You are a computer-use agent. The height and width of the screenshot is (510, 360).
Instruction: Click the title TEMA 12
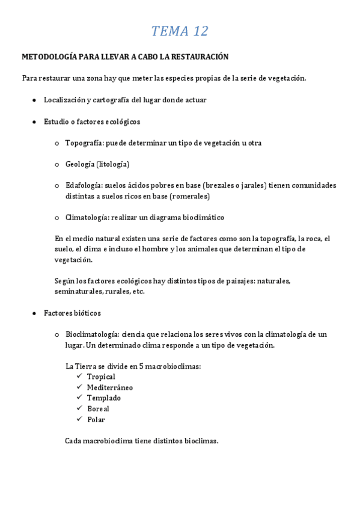tap(180, 31)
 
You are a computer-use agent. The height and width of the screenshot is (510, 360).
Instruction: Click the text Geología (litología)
tap(97, 164)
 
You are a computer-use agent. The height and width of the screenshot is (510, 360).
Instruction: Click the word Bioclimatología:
tap(92, 334)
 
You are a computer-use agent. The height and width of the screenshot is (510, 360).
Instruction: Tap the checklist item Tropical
tap(101, 377)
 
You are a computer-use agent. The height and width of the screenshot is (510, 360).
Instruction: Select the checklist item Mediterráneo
tap(110, 388)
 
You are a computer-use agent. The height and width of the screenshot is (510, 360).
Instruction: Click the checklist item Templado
tap(103, 398)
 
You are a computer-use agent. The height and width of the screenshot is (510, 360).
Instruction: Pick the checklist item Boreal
tap(98, 409)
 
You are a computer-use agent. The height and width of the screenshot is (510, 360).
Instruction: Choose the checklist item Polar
tap(96, 420)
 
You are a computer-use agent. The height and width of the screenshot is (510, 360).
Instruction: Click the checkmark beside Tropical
tap(79, 376)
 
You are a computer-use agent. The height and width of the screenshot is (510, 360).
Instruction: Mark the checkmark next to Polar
tap(79, 419)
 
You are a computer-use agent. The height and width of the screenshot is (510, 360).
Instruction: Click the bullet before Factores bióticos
tap(34, 313)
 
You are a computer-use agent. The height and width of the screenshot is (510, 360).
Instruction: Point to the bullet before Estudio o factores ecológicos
tap(34, 121)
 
